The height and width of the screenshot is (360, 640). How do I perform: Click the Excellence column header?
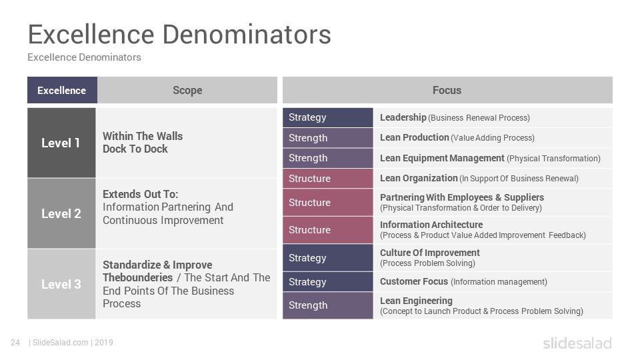tap(62, 90)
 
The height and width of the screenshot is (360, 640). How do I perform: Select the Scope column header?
tap(187, 90)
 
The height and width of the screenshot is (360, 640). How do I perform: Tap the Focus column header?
tap(447, 90)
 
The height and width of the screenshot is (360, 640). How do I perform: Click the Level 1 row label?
tap(61, 143)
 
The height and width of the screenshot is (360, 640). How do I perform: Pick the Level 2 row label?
tap(61, 213)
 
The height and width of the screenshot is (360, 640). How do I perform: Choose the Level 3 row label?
tap(61, 284)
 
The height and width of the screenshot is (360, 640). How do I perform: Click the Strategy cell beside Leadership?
tap(328, 117)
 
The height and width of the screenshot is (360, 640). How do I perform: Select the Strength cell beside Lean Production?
tap(328, 138)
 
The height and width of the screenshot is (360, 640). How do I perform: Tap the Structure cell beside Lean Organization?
tap(328, 179)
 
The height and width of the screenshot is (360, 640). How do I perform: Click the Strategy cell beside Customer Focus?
tap(328, 281)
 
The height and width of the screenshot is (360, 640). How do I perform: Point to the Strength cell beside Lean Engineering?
tap(328, 305)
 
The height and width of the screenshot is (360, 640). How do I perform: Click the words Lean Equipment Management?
tap(442, 158)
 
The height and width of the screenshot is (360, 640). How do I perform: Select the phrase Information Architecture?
tap(431, 225)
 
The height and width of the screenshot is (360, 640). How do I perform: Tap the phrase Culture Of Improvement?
tap(430, 253)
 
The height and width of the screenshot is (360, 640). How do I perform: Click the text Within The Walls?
tap(143, 136)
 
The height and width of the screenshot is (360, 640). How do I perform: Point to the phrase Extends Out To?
tap(141, 194)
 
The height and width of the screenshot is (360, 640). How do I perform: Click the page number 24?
tap(15, 343)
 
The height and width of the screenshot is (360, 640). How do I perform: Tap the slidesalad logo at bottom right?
tap(577, 343)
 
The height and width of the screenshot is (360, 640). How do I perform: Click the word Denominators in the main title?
tap(247, 34)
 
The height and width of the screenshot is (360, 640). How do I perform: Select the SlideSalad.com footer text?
tap(60, 343)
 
